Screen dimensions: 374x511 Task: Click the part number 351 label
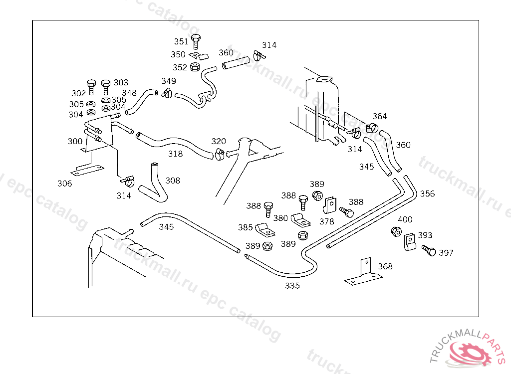(181, 41)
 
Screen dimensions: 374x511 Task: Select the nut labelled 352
(196, 66)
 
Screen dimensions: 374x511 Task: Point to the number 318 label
(175, 154)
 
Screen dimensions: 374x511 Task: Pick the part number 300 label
(75, 142)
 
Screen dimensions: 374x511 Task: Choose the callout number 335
(292, 286)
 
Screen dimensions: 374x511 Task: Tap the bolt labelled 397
(429, 250)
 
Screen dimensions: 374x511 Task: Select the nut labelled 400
(397, 231)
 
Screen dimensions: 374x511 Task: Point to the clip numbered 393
(410, 242)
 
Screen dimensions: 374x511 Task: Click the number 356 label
(427, 193)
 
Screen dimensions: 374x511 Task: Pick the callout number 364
(379, 117)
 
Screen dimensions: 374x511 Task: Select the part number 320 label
(219, 142)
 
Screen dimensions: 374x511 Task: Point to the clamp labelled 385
(264, 229)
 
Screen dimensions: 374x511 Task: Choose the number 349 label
(168, 81)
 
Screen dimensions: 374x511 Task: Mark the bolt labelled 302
(91, 86)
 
